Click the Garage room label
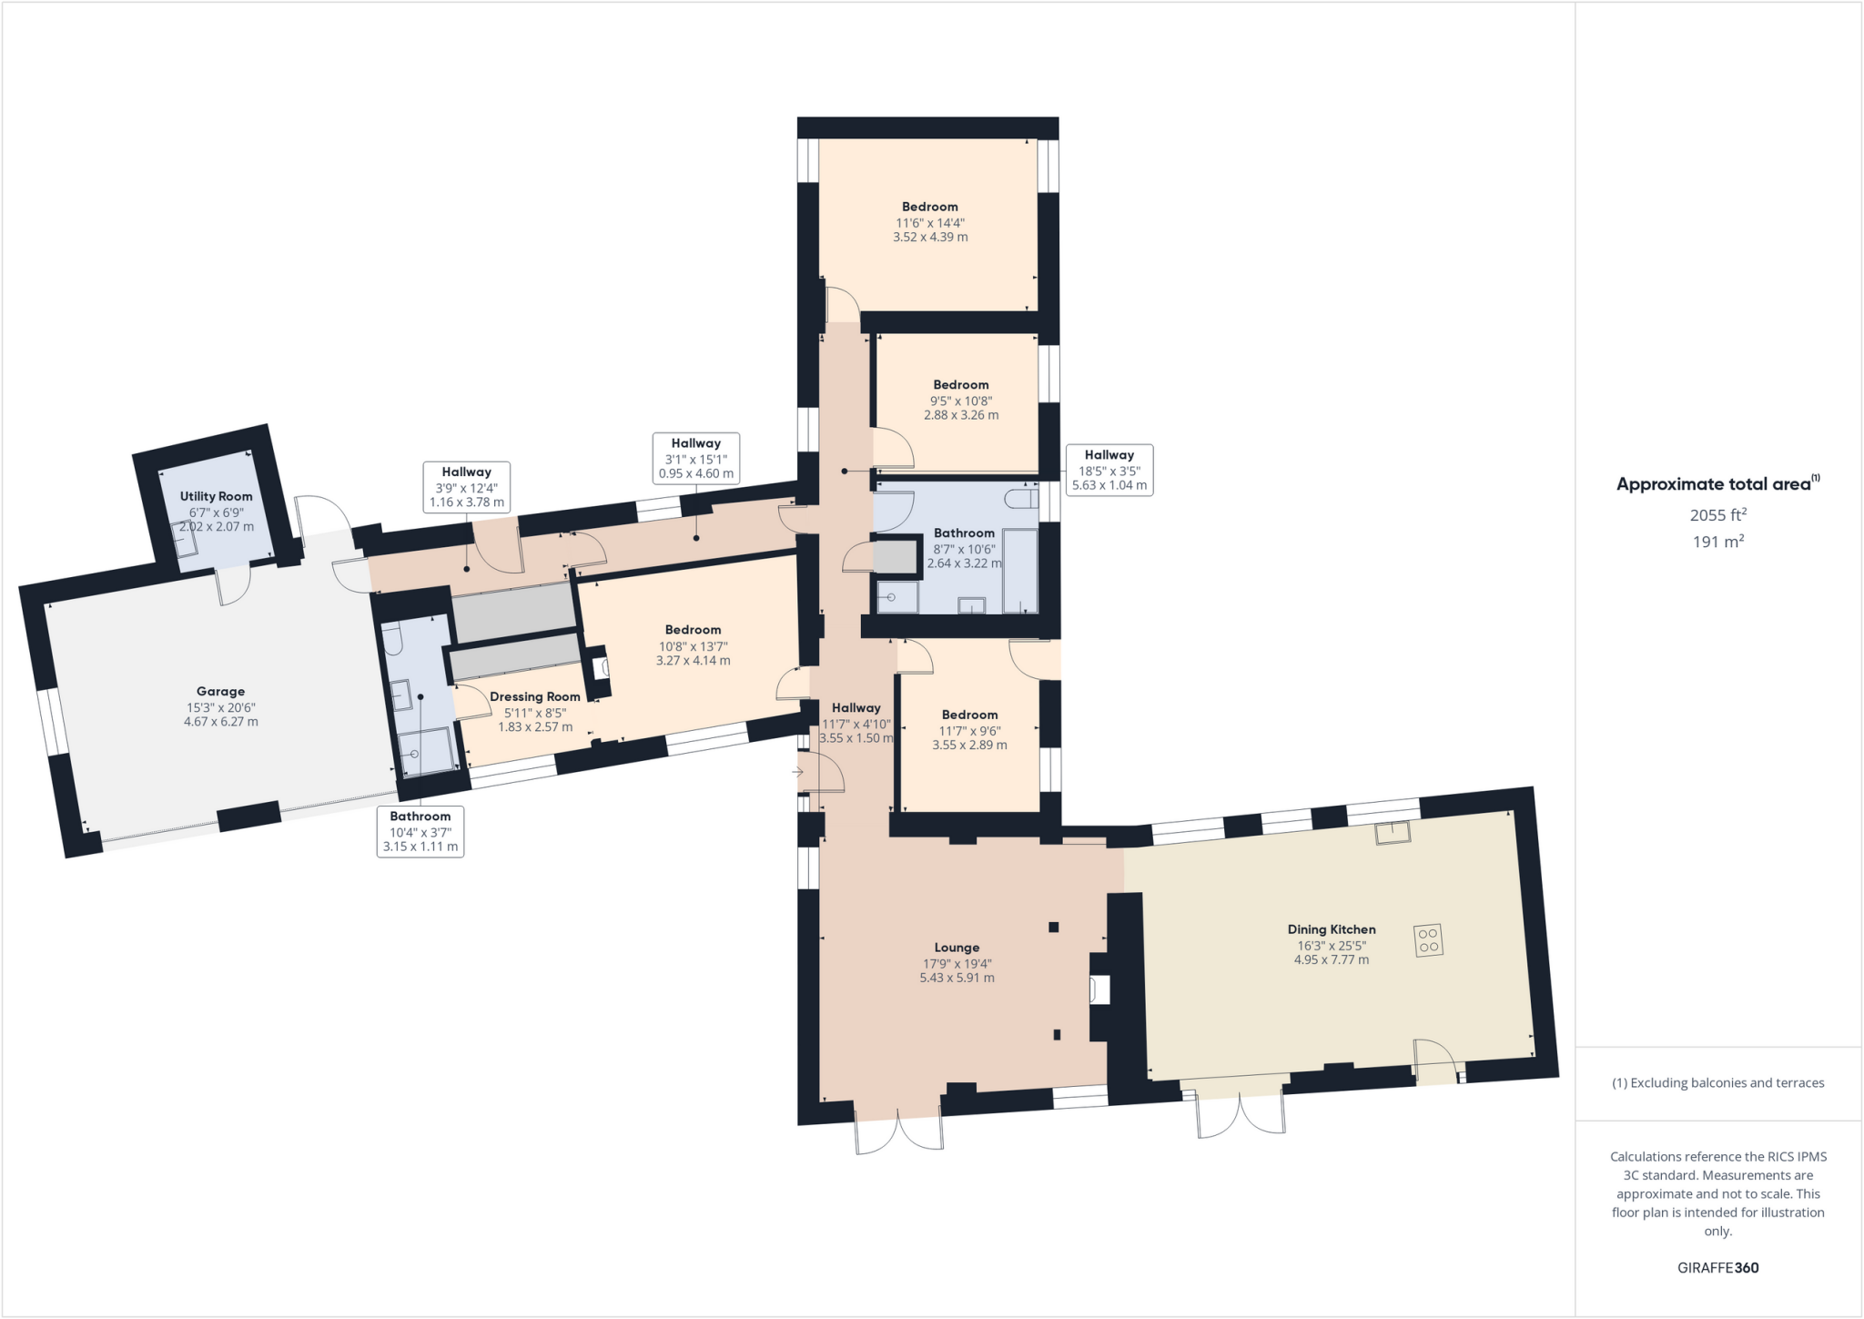(x=220, y=692)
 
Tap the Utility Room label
(x=216, y=497)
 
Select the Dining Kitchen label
(x=1331, y=929)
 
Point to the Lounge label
(x=957, y=948)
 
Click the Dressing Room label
(x=534, y=697)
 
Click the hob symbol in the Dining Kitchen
(x=1428, y=940)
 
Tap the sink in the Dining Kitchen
(x=1392, y=833)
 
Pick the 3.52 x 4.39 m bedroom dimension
(x=930, y=238)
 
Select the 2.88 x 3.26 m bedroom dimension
(x=961, y=415)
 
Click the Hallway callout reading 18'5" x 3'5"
(x=1109, y=470)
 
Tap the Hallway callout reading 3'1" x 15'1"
(x=695, y=458)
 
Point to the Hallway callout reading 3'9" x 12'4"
(x=466, y=487)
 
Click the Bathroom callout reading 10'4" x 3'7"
(x=420, y=831)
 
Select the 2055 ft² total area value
(x=1717, y=515)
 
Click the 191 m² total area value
(x=1717, y=543)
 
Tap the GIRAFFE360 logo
(x=1717, y=1268)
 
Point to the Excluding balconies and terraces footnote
(x=1717, y=1083)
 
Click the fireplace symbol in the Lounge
(x=1099, y=989)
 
